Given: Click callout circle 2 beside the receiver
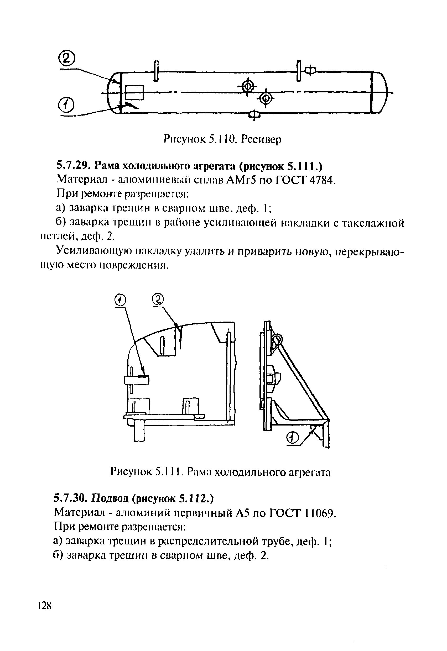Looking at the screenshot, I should click(x=67, y=58).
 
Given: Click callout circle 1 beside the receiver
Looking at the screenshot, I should click(x=66, y=105).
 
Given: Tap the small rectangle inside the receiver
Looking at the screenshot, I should click(x=134, y=92).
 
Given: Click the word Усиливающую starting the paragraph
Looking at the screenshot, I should click(x=93, y=251).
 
